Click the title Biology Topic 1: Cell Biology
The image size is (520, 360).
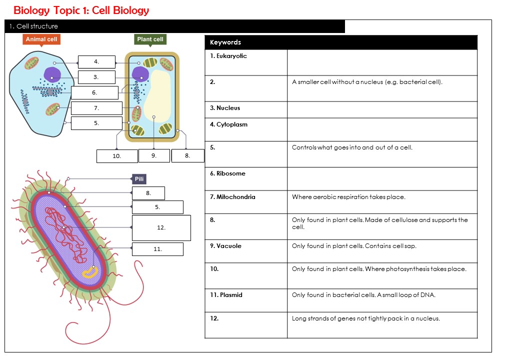[81, 10]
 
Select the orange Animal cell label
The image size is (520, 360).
[41, 39]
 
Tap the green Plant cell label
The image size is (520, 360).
[150, 39]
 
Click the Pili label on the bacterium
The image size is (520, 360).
[139, 179]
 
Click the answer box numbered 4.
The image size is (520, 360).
[96, 62]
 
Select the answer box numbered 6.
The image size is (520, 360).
[94, 92]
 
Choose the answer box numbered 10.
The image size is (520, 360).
[116, 156]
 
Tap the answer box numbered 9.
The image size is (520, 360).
[154, 156]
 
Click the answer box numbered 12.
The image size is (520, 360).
[161, 227]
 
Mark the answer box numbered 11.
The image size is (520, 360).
[157, 249]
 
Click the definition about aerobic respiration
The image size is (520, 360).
[348, 197]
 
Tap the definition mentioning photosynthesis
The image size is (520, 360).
[379, 269]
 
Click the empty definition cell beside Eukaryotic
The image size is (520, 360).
[382, 62]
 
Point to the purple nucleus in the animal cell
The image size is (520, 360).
[52, 75]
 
